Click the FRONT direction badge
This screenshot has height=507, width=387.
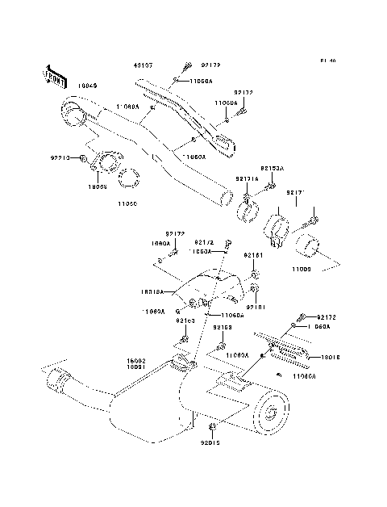[x=55, y=76]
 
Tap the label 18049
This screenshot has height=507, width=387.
[x=87, y=84]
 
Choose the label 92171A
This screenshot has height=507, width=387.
[x=248, y=178]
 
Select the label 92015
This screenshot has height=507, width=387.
[x=210, y=442]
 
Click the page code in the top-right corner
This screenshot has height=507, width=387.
[x=327, y=61]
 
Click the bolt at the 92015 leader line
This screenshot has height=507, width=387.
[x=211, y=427]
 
